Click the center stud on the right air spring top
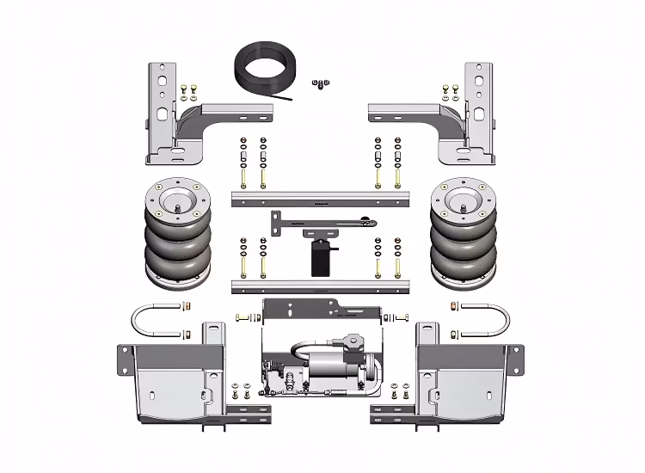click(465, 205)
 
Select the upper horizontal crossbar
click(317, 199)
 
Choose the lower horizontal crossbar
click(317, 285)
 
